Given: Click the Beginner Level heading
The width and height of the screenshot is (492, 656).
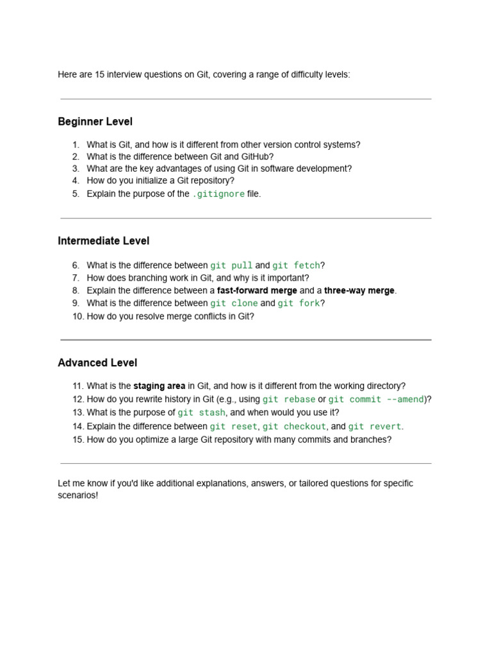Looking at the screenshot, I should coord(95,122).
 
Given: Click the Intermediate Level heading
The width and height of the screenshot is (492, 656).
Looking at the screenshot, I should coord(103,241).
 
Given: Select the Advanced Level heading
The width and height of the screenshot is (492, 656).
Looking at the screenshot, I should coord(97,363).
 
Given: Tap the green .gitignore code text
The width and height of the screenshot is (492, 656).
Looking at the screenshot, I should coord(218,194).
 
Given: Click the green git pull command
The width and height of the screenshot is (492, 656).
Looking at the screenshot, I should coord(231,265).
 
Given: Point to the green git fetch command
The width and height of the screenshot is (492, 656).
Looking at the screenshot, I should coord(296,265).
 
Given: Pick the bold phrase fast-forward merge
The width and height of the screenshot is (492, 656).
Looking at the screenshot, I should coord(257,290).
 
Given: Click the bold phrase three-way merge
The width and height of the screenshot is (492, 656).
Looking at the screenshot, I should coord(359,290).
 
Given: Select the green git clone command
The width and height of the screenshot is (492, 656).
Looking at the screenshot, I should coord(234,303).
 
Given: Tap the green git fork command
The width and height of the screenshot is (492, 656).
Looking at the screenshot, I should coord(299,303).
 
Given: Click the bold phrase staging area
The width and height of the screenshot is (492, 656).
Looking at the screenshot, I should coord(159,386).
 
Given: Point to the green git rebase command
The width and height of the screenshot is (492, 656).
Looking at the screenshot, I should coord(289,399).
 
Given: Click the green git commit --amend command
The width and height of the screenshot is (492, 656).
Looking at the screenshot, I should coord(376,399).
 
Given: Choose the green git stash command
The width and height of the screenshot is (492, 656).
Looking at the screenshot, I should coord(201,413).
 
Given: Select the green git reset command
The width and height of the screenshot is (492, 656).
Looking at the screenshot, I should coord(234,426).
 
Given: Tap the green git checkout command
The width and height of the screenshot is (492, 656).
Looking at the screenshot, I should coord(294,426).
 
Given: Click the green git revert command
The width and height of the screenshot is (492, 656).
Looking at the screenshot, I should coord(375,426).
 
